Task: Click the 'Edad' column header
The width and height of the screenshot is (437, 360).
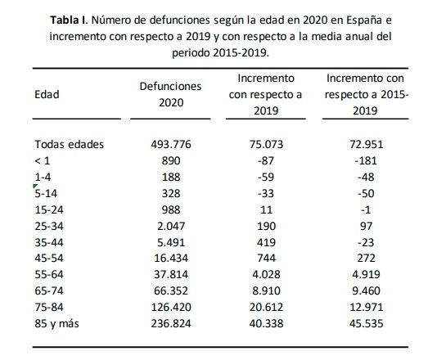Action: (x=46, y=94)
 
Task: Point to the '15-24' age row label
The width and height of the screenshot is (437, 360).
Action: (x=47, y=208)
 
